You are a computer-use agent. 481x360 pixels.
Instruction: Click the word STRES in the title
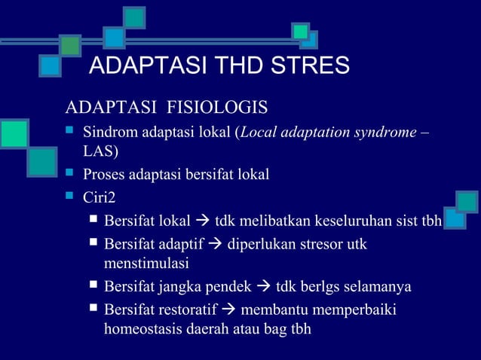point(310,66)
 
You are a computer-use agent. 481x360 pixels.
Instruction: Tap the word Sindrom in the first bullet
point(107,133)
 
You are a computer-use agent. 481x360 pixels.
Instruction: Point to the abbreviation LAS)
point(100,153)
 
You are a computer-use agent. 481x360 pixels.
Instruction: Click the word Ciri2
point(100,198)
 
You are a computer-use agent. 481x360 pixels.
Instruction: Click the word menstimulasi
point(146,264)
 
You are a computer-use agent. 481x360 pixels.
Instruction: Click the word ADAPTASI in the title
point(138,66)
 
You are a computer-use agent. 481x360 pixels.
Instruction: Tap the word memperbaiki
point(359,310)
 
